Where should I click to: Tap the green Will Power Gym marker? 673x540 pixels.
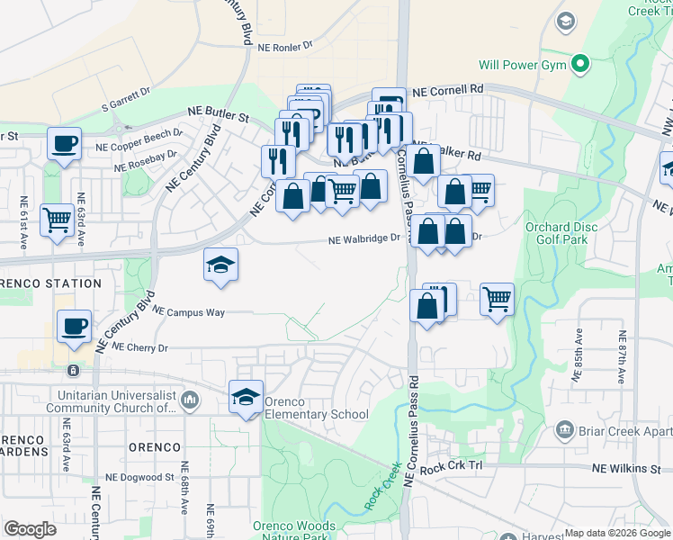[581, 64]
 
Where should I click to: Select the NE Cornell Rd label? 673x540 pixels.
[448, 90]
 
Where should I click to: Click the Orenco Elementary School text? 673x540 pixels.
[316, 415]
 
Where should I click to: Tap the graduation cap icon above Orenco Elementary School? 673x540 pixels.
[246, 396]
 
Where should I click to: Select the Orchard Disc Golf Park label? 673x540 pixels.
[560, 234]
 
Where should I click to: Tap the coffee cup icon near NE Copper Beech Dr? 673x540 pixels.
[64, 143]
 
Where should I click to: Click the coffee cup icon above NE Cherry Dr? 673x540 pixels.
[74, 326]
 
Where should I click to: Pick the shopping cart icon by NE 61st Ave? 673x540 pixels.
[57, 219]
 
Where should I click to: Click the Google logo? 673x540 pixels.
[31, 529]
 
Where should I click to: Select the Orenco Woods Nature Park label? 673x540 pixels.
[293, 531]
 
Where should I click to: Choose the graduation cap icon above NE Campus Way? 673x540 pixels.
[220, 265]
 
